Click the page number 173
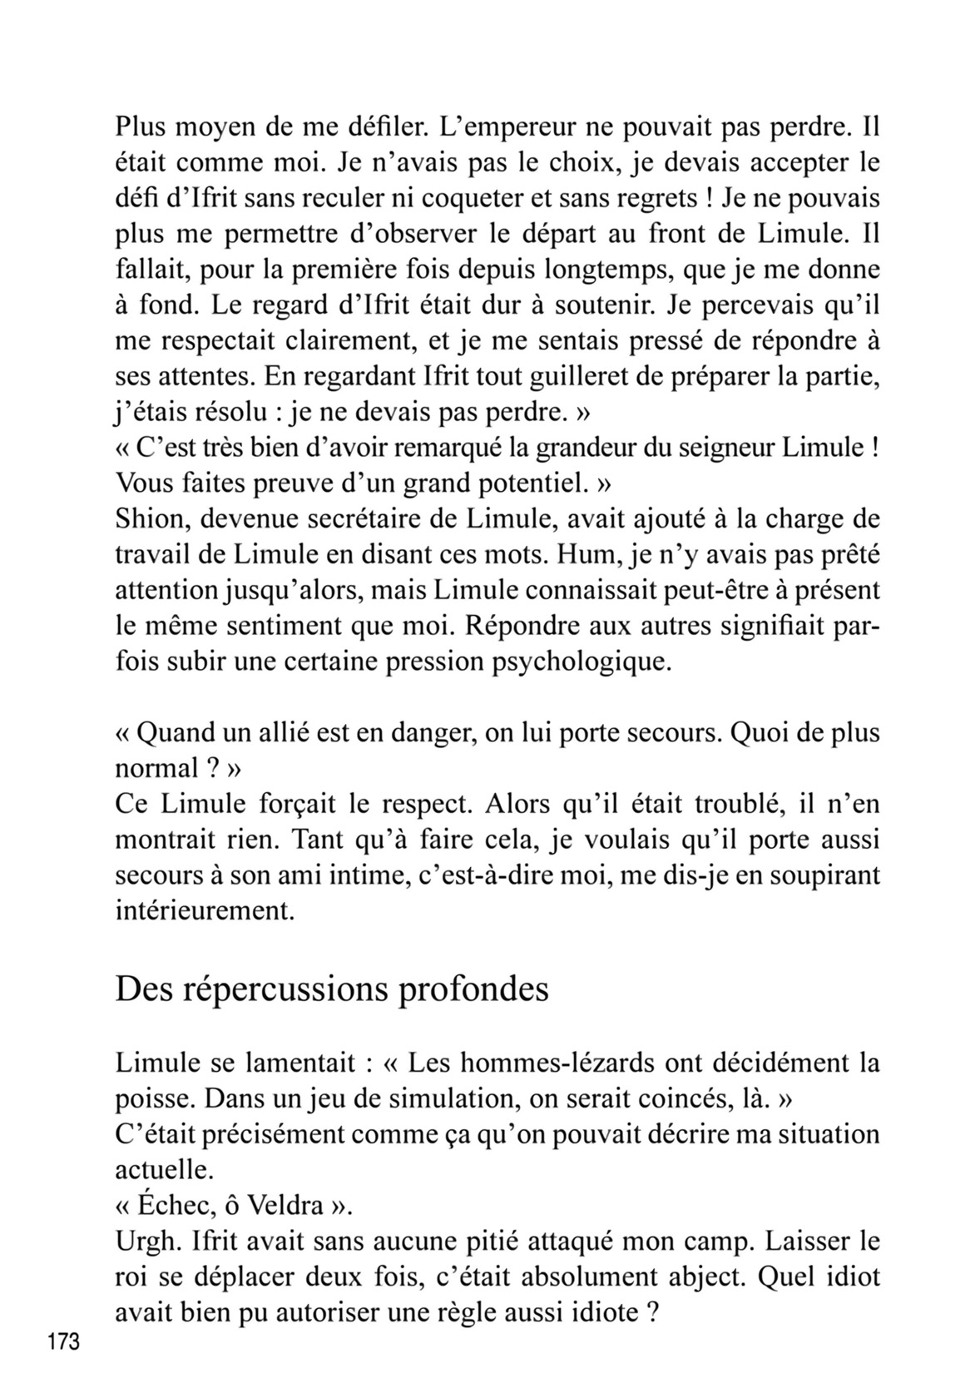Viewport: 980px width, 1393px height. pos(63,1341)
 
